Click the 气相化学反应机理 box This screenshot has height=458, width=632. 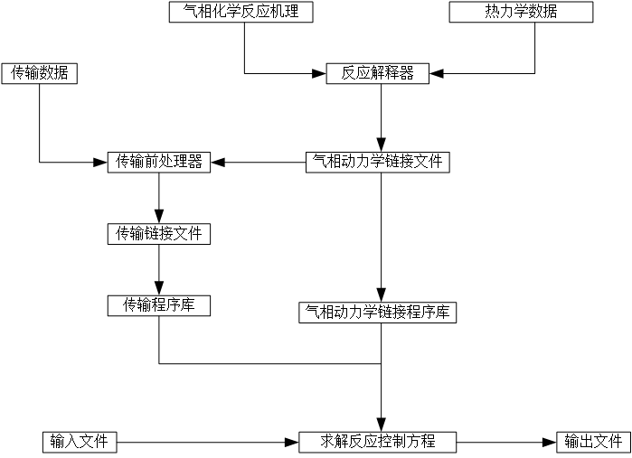click(241, 12)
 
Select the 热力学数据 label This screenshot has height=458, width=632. click(521, 12)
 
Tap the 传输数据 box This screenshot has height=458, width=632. click(40, 73)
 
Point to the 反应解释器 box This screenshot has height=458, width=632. click(377, 73)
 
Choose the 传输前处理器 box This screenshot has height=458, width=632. click(159, 162)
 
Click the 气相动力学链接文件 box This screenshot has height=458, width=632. click(377, 162)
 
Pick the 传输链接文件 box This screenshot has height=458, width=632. click(159, 234)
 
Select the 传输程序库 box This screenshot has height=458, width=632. click(159, 305)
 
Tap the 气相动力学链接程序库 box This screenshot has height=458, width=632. click(377, 313)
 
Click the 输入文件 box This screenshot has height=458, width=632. click(80, 442)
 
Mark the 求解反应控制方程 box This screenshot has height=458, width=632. click(377, 442)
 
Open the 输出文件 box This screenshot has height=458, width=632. click(593, 442)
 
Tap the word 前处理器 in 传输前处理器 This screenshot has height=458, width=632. click(174, 162)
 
